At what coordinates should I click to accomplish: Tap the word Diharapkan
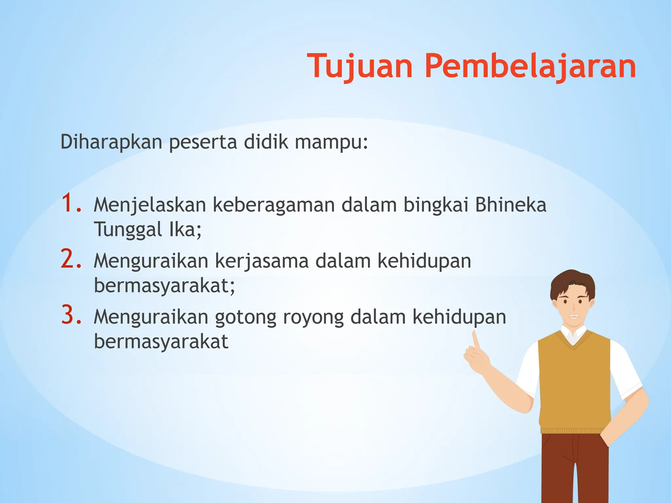[x=111, y=142]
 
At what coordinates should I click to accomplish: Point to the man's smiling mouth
[x=573, y=316]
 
